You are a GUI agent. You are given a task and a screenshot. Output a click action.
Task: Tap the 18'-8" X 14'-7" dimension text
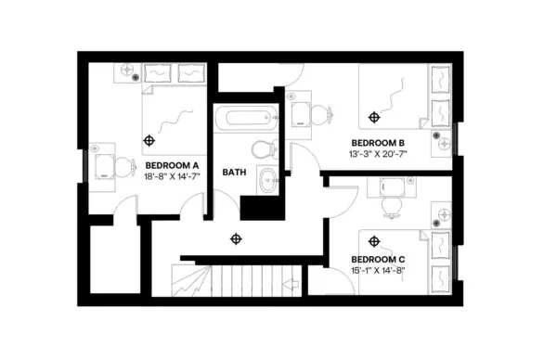pyautogui.click(x=173, y=175)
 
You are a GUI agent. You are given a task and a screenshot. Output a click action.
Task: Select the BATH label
pyautogui.click(x=233, y=173)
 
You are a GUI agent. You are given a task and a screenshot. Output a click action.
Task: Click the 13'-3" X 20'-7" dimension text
pyautogui.click(x=379, y=154)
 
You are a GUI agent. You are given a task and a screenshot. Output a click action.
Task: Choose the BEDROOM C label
pyautogui.click(x=378, y=259)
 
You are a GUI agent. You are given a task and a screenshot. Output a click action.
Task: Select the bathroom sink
pyautogui.click(x=266, y=181)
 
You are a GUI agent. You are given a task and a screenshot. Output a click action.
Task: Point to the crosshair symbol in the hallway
pyautogui.click(x=236, y=238)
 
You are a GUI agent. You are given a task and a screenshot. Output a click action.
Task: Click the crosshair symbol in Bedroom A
pyautogui.click(x=149, y=139)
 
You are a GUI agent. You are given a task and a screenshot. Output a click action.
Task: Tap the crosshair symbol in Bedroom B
pyautogui.click(x=374, y=117)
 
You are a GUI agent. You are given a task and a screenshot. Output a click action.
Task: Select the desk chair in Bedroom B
pyautogui.click(x=319, y=115)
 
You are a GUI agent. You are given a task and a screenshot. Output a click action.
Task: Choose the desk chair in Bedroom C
pyautogui.click(x=390, y=205)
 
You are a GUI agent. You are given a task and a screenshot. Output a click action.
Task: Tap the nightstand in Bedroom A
pyautogui.click(x=128, y=72)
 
